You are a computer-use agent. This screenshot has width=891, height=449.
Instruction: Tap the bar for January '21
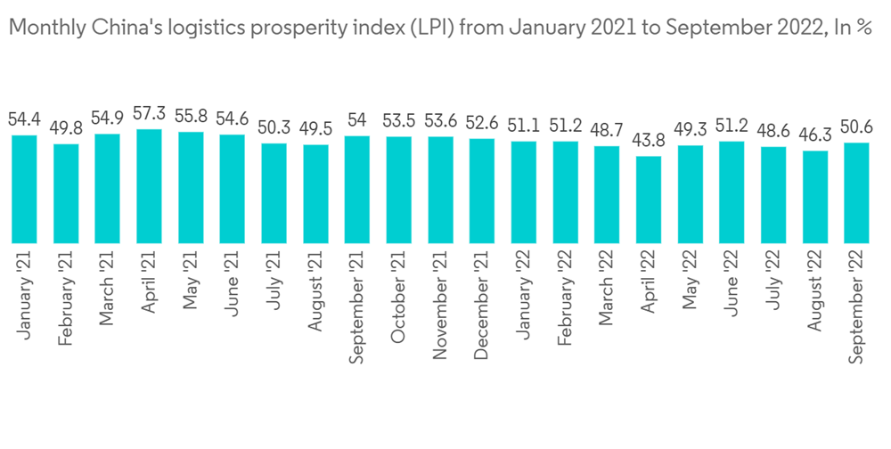24,188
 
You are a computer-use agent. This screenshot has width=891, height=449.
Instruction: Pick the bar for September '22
856,192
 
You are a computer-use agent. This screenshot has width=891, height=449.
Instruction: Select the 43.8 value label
649,140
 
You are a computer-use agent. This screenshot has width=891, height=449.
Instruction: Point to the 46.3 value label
814,135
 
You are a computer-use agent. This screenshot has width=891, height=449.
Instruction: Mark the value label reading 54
357,119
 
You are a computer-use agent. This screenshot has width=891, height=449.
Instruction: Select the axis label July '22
772,282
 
